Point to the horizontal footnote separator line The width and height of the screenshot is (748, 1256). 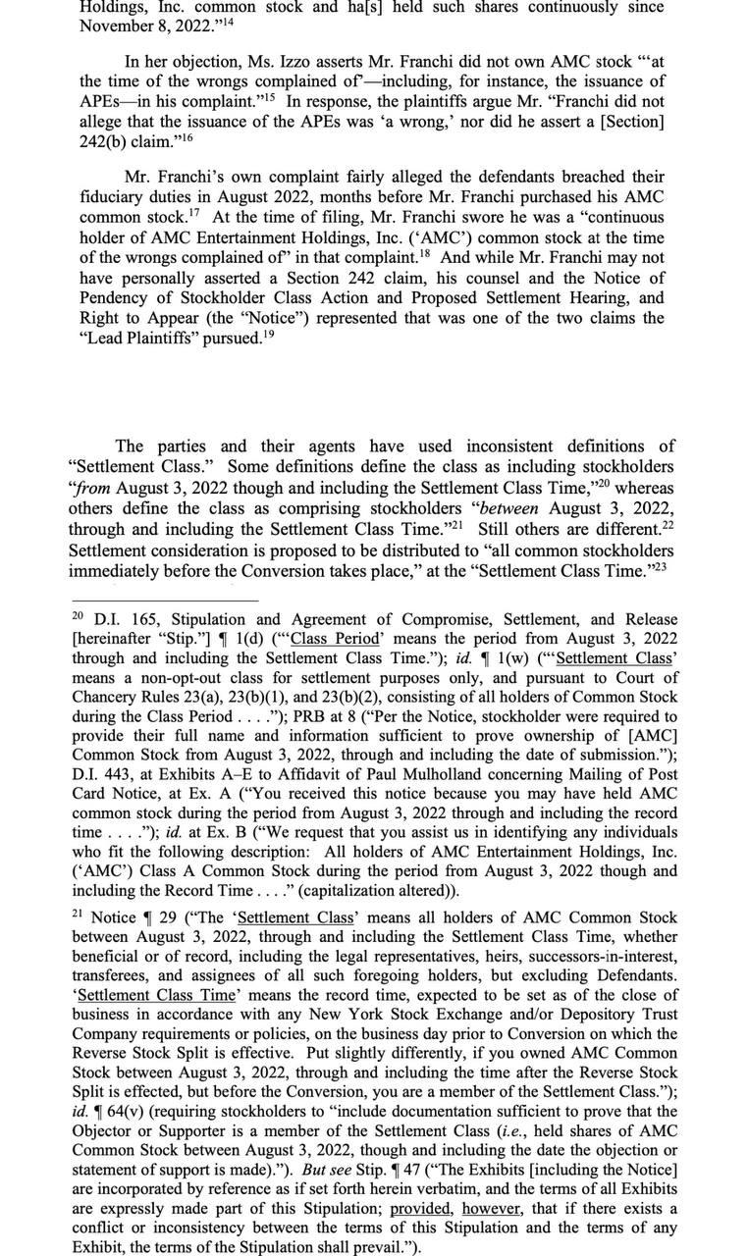(164, 602)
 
